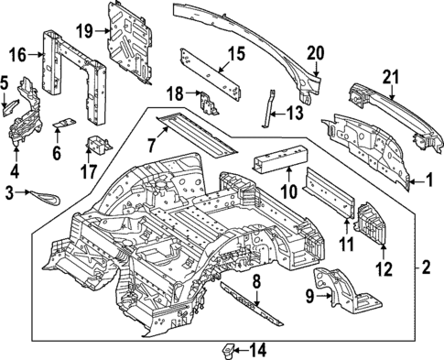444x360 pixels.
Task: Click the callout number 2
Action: click(x=425, y=268)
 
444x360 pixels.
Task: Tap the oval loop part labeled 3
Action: click(x=42, y=193)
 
